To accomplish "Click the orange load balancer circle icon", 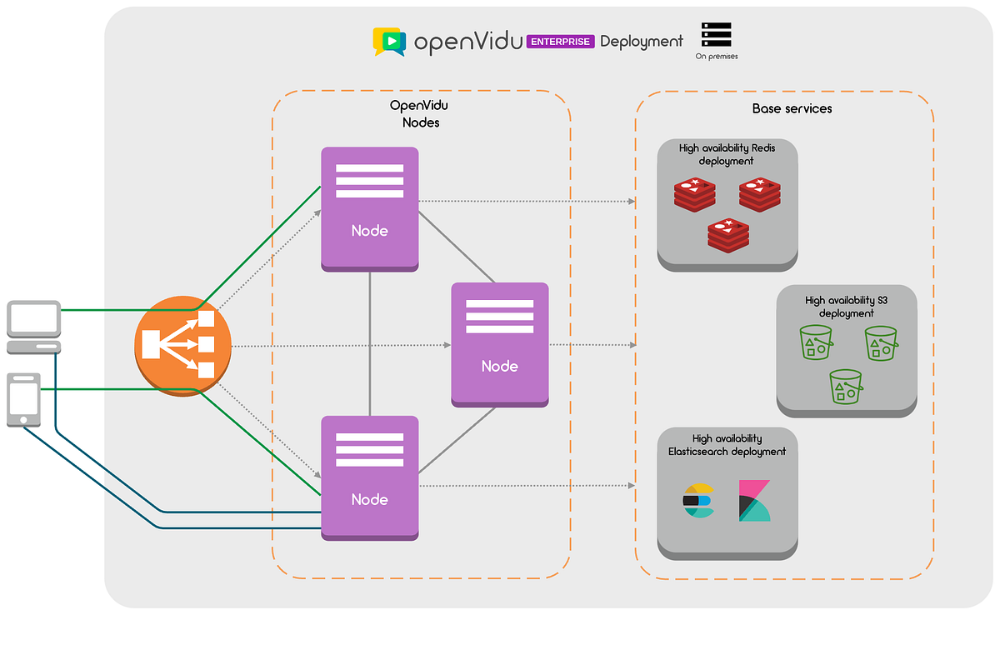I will tap(182, 345).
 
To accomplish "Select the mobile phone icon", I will tap(23, 400).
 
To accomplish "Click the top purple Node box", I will tap(369, 208).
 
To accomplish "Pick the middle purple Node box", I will tap(499, 344).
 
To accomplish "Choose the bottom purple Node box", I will tap(369, 477).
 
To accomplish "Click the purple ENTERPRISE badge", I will tap(561, 41).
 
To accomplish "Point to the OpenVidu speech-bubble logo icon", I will tap(388, 41).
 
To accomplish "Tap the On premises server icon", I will tap(716, 35).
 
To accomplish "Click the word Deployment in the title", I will tap(641, 41).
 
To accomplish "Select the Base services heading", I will tap(792, 108).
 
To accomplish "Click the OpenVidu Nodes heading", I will tap(414, 114).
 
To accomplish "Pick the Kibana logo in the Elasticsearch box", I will tap(754, 501).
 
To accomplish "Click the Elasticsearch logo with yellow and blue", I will tap(698, 501).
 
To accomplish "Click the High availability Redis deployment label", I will tap(727, 154).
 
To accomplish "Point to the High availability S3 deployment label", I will tap(846, 307).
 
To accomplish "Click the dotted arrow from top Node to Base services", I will tap(525, 202).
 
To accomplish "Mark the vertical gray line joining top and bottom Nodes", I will tap(369, 343).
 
